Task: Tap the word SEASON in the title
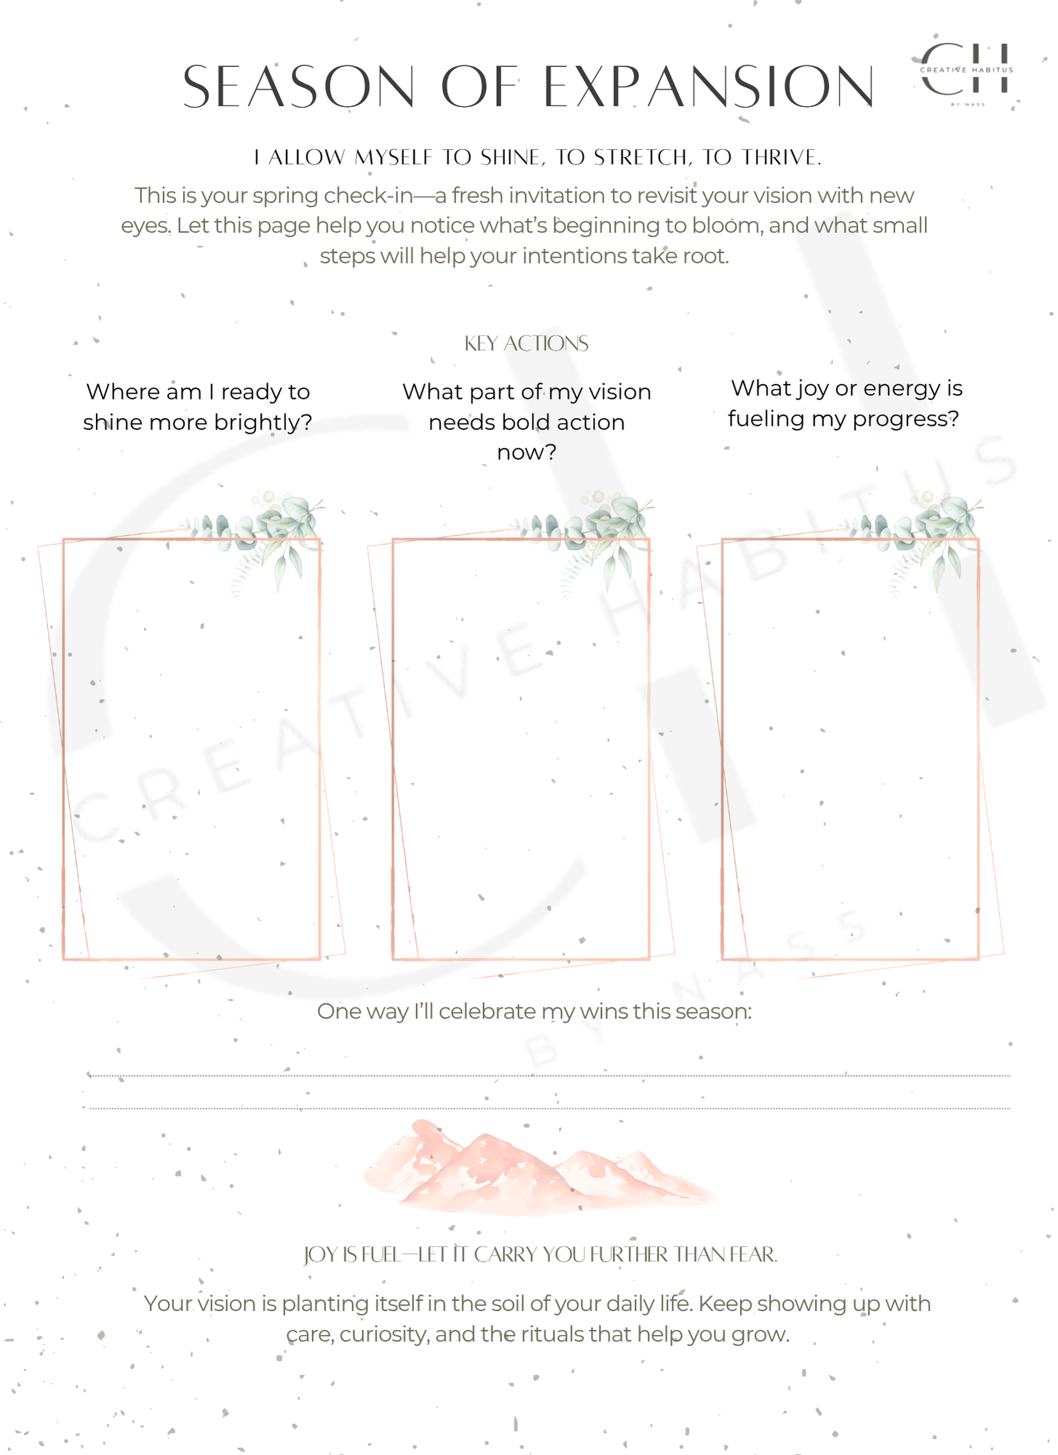(298, 87)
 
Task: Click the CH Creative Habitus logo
(966, 71)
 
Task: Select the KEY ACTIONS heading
(526, 343)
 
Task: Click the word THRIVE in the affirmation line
(781, 157)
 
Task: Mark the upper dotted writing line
(549, 1075)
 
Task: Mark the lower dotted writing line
(549, 1108)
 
